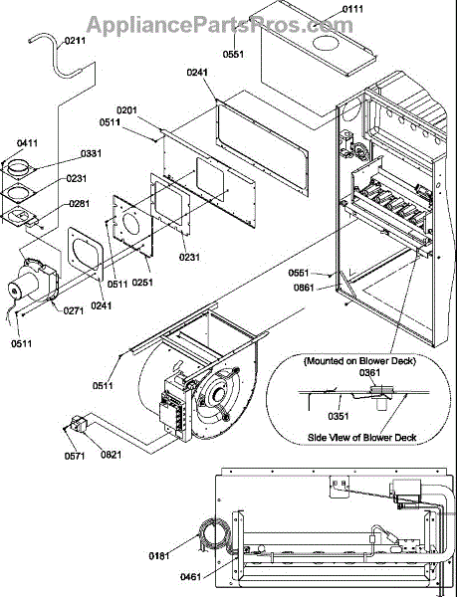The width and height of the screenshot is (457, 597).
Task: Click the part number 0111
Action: [x=352, y=9]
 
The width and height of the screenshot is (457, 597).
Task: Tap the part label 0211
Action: [x=75, y=41]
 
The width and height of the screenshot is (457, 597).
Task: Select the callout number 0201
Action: [x=126, y=110]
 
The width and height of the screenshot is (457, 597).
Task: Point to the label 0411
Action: [x=27, y=143]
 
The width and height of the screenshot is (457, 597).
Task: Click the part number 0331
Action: [x=91, y=153]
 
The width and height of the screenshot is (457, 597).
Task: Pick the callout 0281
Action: [x=80, y=204]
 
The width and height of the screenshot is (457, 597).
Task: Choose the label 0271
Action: [x=74, y=311]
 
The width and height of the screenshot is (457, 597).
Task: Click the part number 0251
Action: [x=142, y=283]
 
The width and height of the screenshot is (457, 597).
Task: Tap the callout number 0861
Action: [x=304, y=288]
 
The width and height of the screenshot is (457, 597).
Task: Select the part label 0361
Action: [x=369, y=373]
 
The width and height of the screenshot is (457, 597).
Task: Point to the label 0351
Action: [x=339, y=416]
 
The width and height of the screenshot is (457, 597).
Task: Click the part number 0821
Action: [x=112, y=455]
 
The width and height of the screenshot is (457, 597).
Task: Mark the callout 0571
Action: [x=75, y=456]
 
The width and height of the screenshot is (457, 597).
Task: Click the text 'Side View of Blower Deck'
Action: [x=361, y=438]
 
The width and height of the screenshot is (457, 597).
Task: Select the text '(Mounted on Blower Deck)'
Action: [x=359, y=360]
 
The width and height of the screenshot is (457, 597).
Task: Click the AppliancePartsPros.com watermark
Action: [x=220, y=24]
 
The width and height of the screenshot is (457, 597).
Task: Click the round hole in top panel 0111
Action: [x=326, y=43]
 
